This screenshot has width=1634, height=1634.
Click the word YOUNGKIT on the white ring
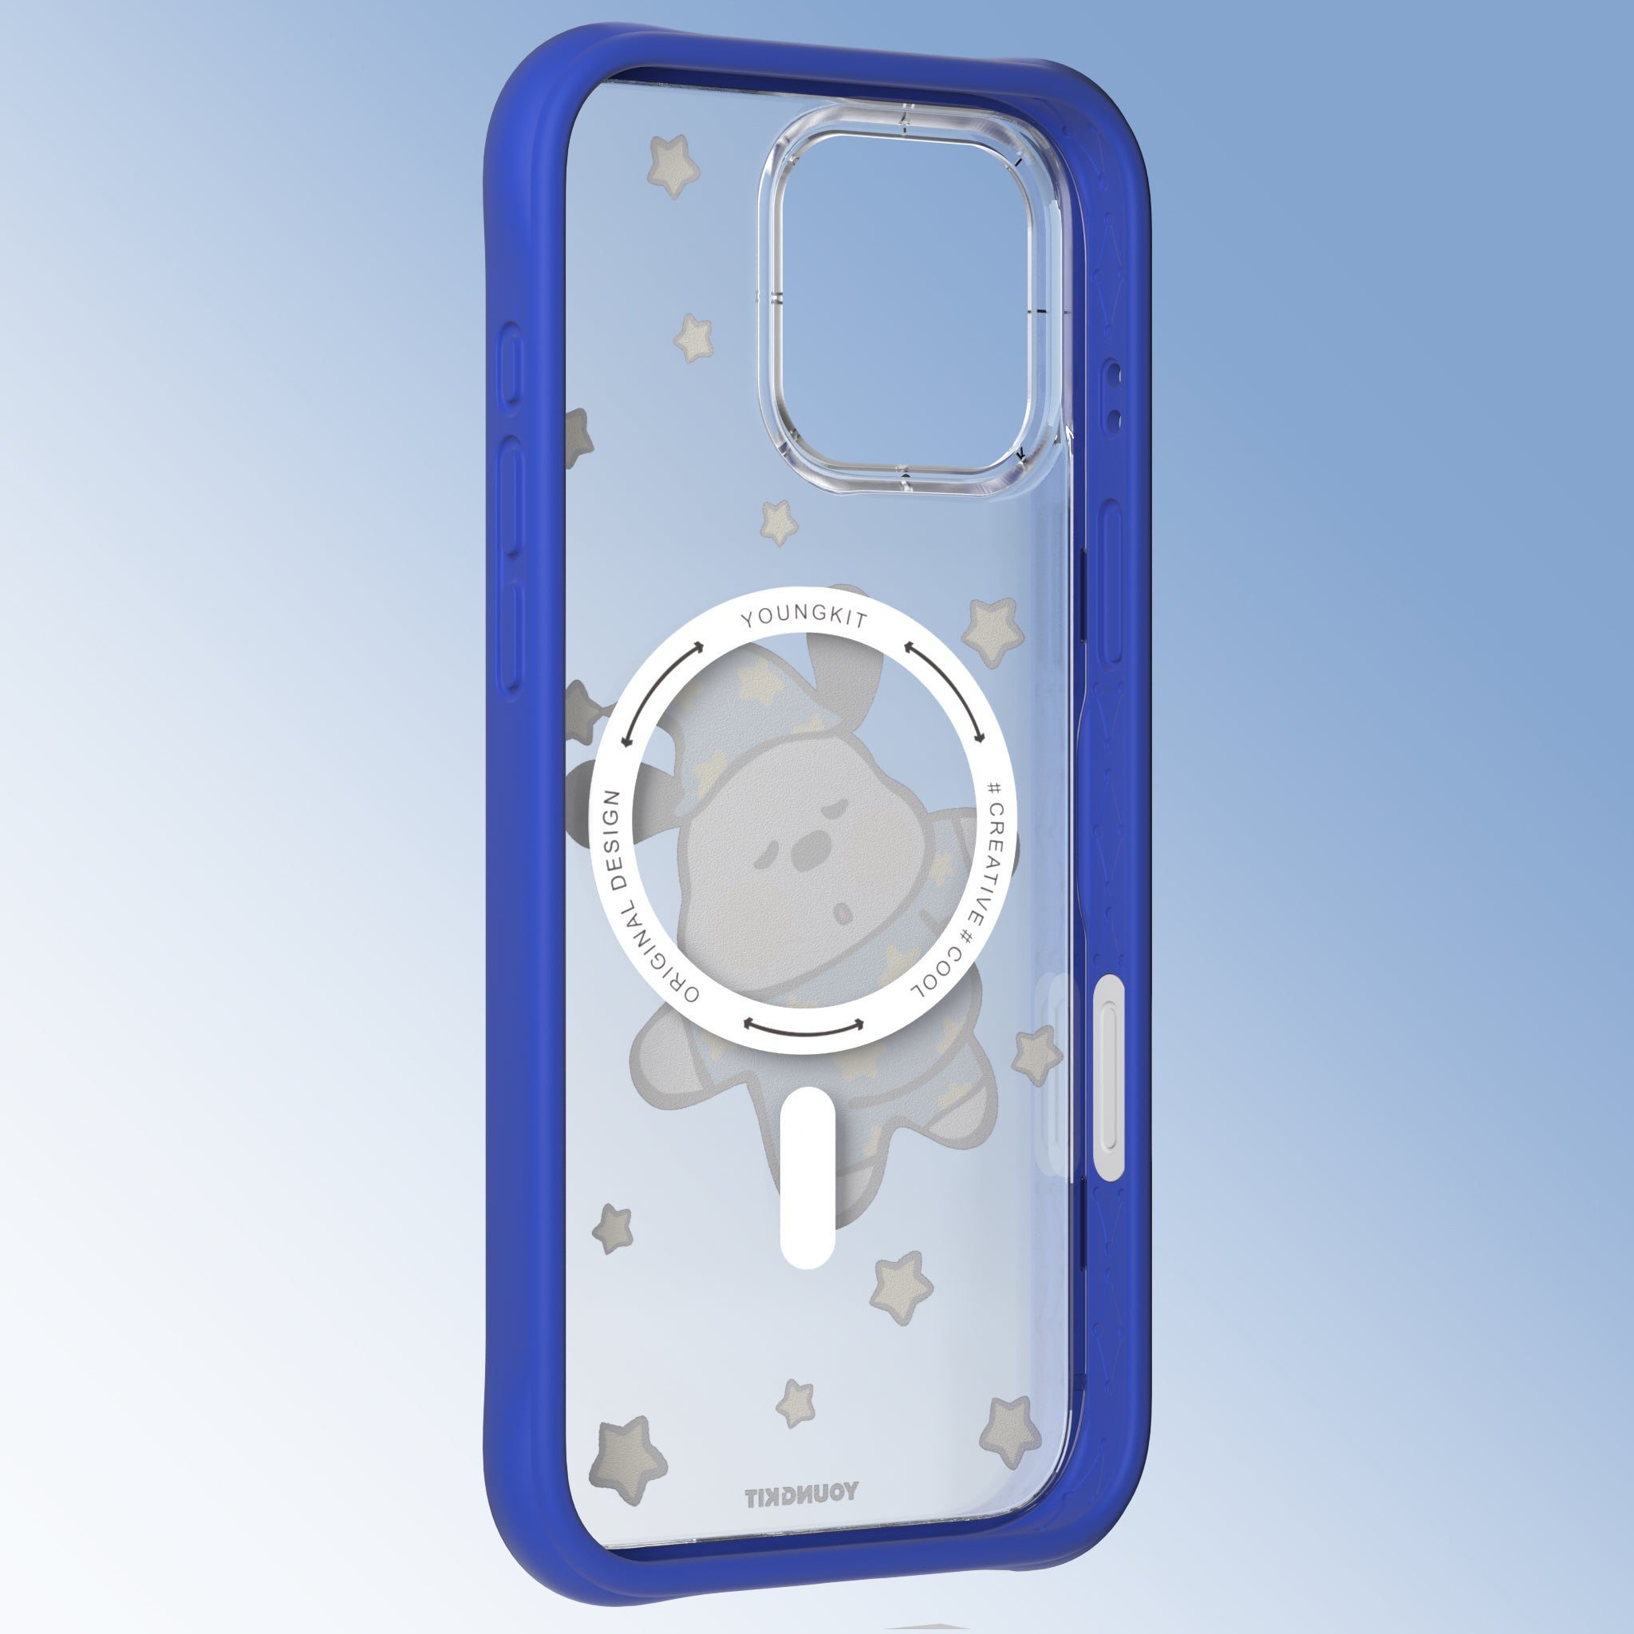tap(804, 617)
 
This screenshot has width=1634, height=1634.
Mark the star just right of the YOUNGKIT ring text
tap(992, 630)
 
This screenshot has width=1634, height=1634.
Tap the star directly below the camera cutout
tap(779, 522)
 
